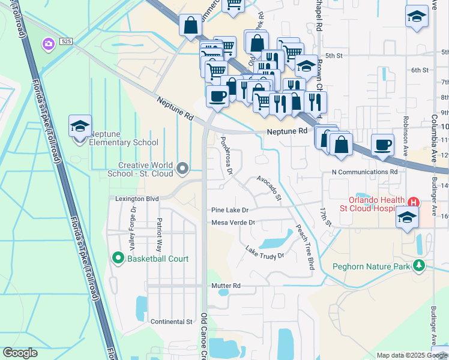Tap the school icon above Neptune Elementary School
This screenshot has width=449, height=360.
[x=80, y=126]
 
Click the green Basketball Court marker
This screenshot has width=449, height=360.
[x=118, y=259]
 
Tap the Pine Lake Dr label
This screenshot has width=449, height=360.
[x=229, y=210]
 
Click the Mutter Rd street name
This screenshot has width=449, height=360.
[x=226, y=286]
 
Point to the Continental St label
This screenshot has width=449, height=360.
[x=171, y=322]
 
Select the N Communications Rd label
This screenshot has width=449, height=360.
[x=365, y=172]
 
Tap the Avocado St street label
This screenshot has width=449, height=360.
[x=268, y=187]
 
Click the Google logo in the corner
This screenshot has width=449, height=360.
[x=20, y=353]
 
